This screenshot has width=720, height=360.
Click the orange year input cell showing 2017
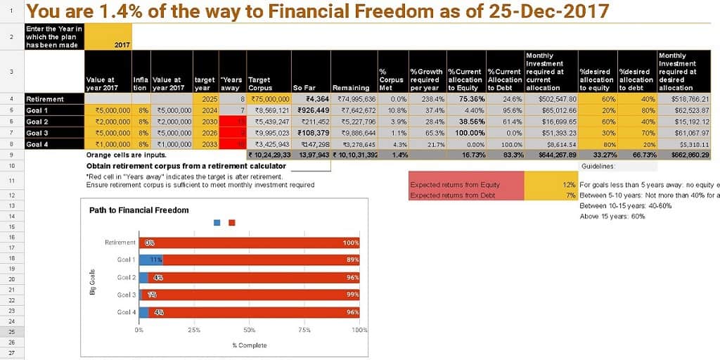coord(108,44)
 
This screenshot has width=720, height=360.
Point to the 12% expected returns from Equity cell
coord(551,185)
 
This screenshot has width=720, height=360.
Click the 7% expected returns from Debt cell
coord(551,195)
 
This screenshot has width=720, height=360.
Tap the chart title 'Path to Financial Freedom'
coord(139,210)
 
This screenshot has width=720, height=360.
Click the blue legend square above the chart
coord(217,222)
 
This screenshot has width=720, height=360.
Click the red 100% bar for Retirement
coord(253,243)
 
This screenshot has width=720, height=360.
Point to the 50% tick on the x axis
coord(250,330)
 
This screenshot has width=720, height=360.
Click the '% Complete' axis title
coord(249,345)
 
